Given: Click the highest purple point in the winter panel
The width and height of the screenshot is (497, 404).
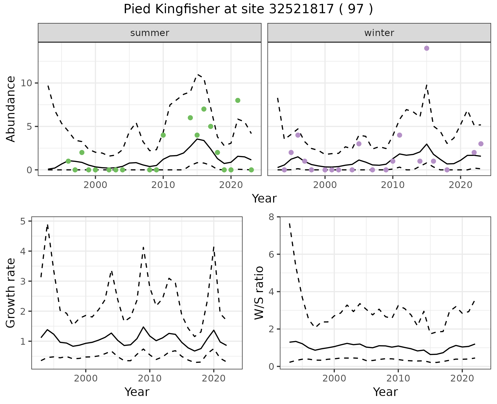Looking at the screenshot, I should (427, 48).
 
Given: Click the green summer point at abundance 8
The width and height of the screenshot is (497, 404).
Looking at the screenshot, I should (238, 100).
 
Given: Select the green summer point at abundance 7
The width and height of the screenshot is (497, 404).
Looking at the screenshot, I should (204, 109).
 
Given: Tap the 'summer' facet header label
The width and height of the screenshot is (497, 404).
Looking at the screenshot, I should (150, 33).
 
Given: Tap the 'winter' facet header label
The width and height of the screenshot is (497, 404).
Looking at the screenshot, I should (379, 33).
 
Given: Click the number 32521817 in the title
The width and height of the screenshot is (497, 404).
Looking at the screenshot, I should (301, 9).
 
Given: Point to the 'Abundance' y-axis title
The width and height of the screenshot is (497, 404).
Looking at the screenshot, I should (11, 109).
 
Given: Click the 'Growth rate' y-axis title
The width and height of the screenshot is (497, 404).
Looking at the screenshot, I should (11, 293).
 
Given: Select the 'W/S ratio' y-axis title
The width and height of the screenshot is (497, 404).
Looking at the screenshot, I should (259, 293).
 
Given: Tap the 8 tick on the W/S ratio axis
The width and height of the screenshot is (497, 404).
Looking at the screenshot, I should (272, 217).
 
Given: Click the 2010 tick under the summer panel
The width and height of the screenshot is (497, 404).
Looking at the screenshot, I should (163, 185).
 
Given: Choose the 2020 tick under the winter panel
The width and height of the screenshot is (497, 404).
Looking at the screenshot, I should (461, 185).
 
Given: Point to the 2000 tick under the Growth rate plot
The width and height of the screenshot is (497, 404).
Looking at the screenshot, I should (86, 378).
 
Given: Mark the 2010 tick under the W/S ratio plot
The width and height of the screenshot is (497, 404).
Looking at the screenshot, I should (398, 378).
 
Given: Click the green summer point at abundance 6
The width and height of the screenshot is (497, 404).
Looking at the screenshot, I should (190, 118).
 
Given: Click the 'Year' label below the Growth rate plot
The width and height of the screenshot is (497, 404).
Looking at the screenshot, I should (137, 392).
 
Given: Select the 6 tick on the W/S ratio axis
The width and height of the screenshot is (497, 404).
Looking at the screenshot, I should (272, 254).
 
